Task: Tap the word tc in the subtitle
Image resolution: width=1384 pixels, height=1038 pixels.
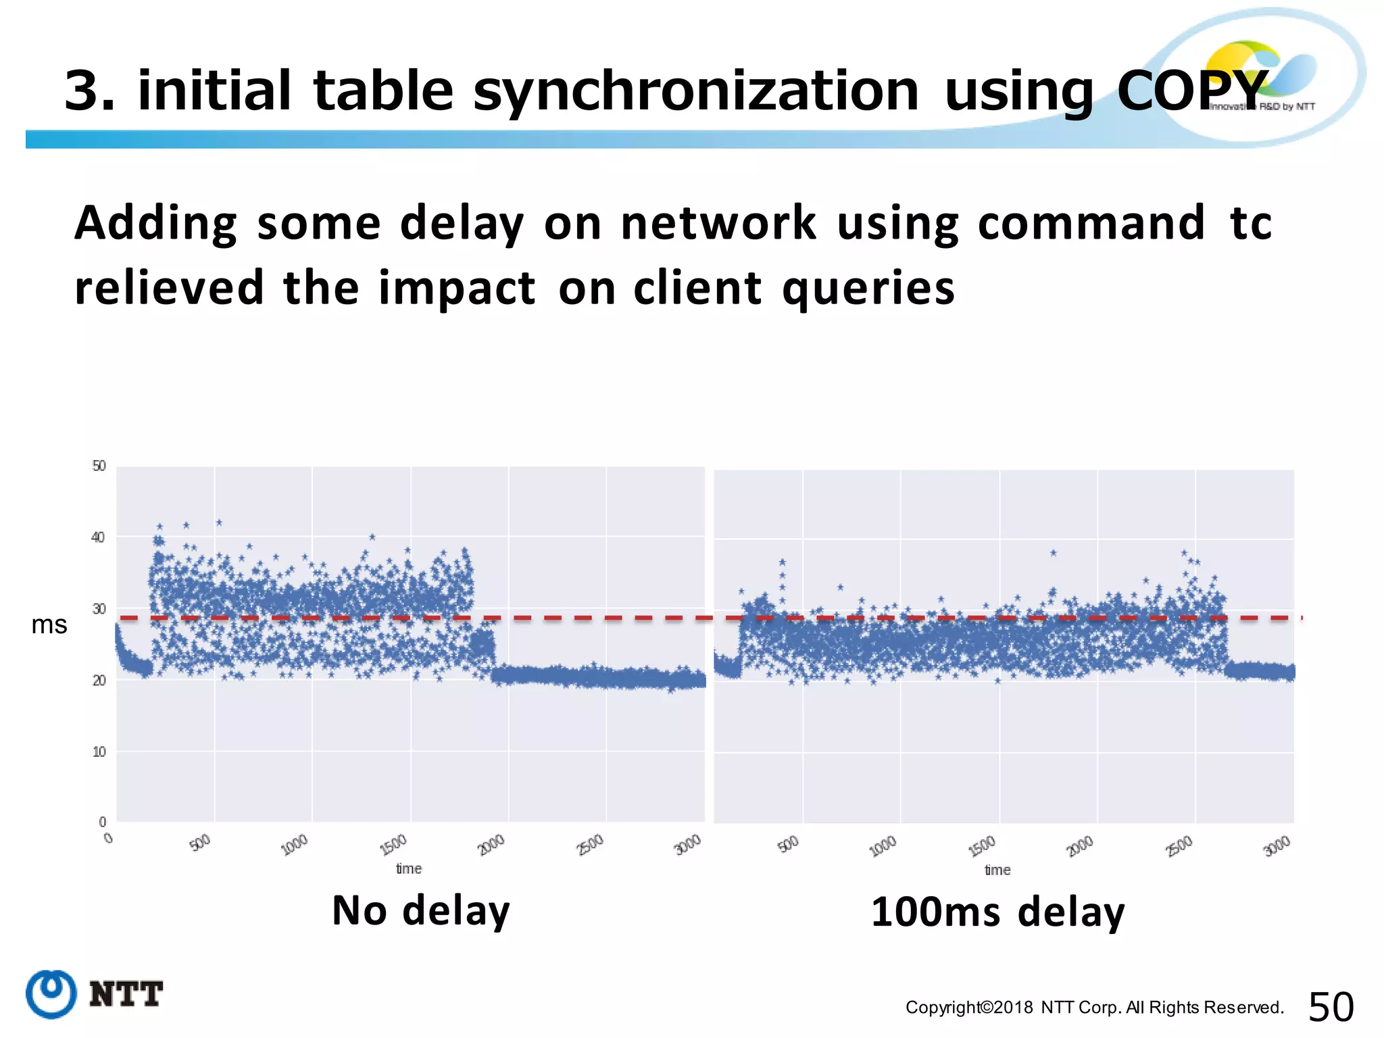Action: point(1252,223)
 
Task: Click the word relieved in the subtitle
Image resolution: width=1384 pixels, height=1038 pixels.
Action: point(169,288)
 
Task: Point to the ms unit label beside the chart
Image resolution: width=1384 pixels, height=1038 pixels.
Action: point(49,625)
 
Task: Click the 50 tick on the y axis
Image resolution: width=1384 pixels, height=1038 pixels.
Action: point(99,466)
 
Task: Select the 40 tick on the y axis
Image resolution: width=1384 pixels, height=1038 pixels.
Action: point(99,538)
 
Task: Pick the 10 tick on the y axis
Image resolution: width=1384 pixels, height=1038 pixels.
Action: point(99,752)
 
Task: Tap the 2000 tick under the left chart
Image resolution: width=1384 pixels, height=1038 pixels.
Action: point(492,844)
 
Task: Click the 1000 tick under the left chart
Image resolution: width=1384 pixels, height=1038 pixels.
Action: point(295,845)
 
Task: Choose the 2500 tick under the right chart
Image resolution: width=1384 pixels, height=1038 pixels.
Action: point(1180,846)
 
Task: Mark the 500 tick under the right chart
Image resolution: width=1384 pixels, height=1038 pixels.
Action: point(789,844)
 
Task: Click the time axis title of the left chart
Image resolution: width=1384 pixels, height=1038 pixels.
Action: point(409,869)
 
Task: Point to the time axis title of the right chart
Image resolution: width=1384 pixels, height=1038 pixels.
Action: point(997,870)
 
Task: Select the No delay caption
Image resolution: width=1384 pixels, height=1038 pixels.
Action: point(421,911)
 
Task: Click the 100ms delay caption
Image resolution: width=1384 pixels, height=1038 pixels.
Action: point(998,912)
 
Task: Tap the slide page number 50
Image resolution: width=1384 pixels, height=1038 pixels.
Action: point(1331,1008)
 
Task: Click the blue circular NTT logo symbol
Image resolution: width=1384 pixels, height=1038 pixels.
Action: point(51,994)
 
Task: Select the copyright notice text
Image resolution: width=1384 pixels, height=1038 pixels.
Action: point(1094,1008)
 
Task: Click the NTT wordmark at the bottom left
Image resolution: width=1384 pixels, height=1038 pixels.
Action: point(126,995)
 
